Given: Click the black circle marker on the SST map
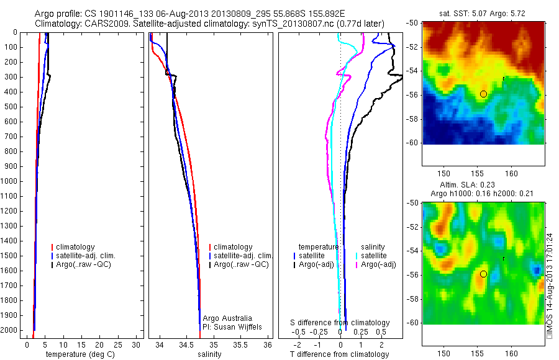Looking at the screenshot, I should [x=483, y=94].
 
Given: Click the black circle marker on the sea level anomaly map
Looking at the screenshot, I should [x=483, y=274].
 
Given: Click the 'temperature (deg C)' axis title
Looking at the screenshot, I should [x=78, y=354].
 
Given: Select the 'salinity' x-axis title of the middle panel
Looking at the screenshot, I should [x=209, y=354].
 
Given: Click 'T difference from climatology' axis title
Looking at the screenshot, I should [x=339, y=354].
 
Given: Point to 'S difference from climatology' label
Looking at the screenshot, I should [x=340, y=323].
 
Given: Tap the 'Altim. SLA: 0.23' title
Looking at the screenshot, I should [x=482, y=184].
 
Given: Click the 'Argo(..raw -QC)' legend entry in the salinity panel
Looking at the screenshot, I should [x=240, y=264].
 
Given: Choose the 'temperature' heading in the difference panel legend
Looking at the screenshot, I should [x=319, y=247].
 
